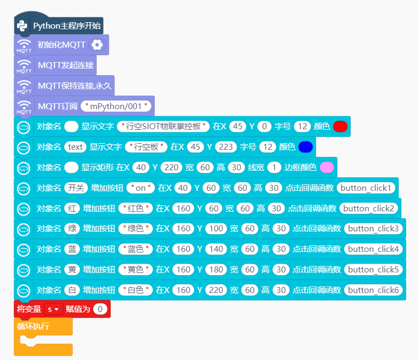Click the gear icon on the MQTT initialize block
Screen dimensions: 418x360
point(97,45)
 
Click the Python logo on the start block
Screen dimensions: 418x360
point(22,26)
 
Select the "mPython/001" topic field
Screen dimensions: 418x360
point(116,106)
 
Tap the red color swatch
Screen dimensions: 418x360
point(340,126)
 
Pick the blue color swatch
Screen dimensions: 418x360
point(306,147)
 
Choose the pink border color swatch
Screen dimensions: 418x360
point(327,168)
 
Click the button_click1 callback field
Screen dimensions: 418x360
point(366,188)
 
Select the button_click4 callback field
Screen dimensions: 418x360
point(373,249)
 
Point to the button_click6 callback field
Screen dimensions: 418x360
point(373,290)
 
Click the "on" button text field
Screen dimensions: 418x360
point(141,188)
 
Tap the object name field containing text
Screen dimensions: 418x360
point(75,147)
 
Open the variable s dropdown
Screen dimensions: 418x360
point(53,309)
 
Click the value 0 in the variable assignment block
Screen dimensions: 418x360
point(100,309)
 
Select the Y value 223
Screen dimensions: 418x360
point(226,147)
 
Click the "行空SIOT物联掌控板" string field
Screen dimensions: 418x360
point(163,126)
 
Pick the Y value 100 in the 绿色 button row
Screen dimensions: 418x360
point(216,228)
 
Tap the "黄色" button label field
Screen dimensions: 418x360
point(135,269)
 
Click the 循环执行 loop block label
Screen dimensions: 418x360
point(33,326)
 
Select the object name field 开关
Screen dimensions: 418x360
point(76,188)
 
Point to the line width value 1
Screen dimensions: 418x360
point(274,168)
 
